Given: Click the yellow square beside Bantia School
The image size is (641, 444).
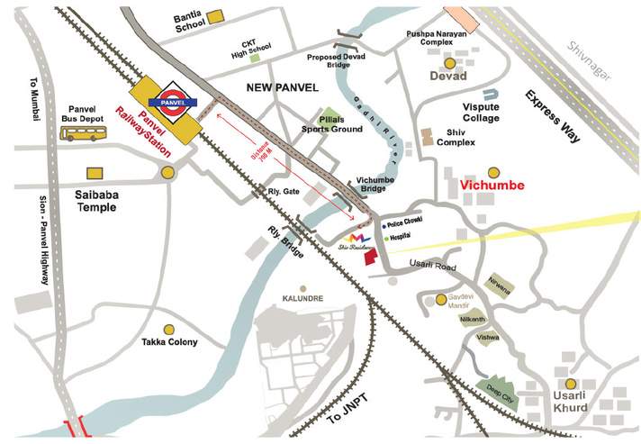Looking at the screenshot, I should pos(216,17).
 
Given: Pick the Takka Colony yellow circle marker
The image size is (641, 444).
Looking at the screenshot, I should pos(168,330).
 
